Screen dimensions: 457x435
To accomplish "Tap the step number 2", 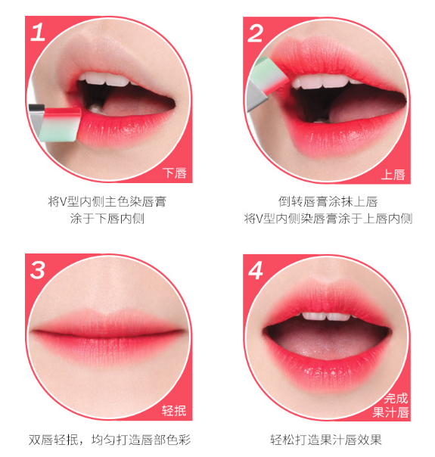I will (x=256, y=33).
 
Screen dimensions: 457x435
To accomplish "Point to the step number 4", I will (x=256, y=269).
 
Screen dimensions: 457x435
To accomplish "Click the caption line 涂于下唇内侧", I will (x=107, y=219).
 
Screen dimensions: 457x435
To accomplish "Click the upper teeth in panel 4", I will (x=328, y=316).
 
